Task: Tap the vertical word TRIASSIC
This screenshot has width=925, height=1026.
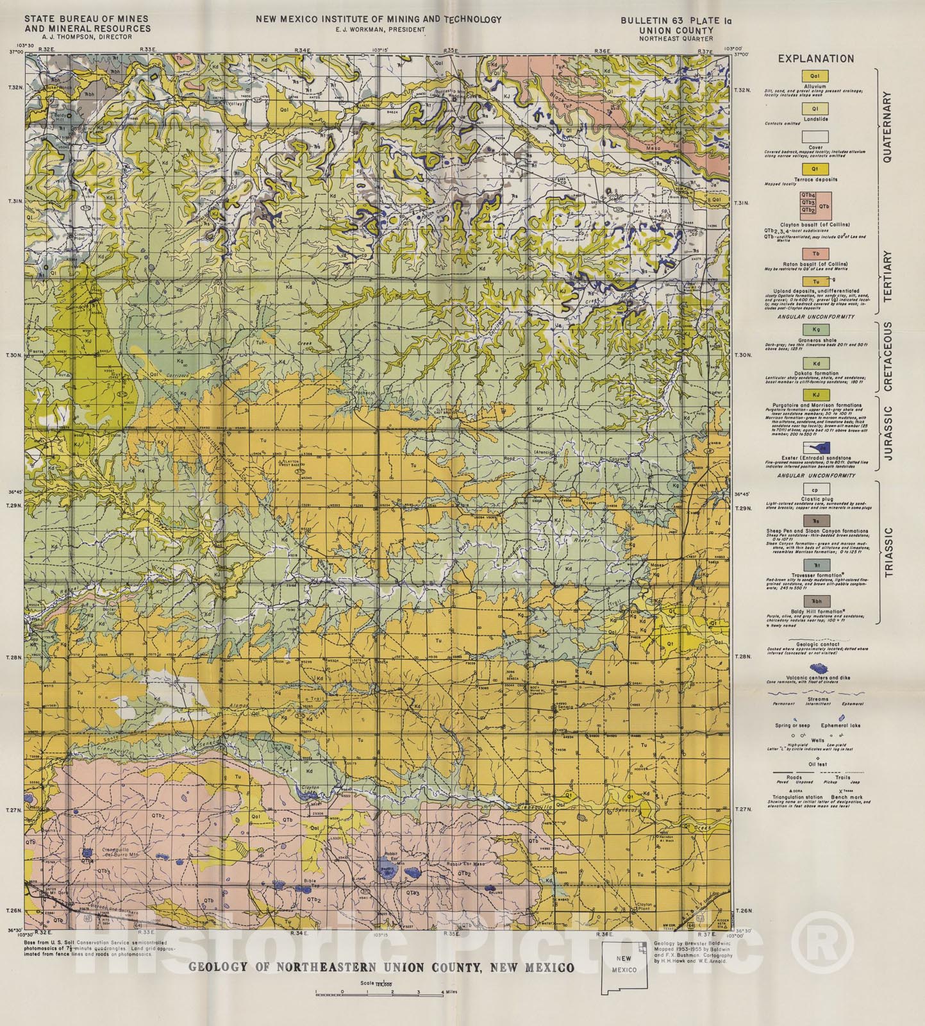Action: pyautogui.click(x=888, y=553)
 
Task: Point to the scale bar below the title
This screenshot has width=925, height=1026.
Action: pyautogui.click(x=378, y=992)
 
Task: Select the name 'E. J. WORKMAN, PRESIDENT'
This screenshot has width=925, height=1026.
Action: pyautogui.click(x=378, y=29)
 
